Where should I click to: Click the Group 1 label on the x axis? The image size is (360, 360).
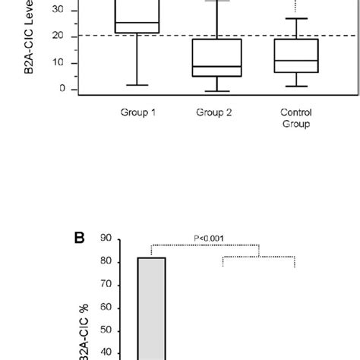[x=137, y=112]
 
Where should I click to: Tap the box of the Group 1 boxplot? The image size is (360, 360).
[x=137, y=17]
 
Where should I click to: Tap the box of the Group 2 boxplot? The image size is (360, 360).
[x=216, y=58]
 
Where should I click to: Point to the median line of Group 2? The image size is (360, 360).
[x=216, y=67]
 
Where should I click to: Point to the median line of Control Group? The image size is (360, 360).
[x=296, y=61]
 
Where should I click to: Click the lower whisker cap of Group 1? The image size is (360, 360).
[x=137, y=85]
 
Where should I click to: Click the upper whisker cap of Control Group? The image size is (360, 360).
[x=296, y=18]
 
